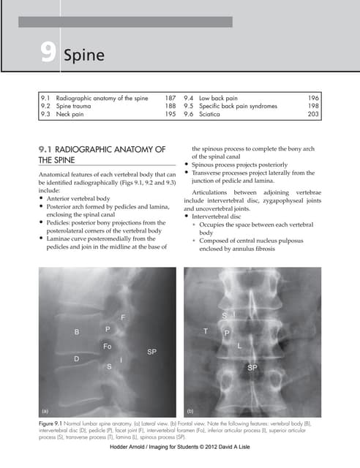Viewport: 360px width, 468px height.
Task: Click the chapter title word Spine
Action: (x=85, y=55)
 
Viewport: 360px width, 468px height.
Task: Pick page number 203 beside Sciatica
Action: (x=312, y=114)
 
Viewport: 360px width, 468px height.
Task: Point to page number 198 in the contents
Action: (x=312, y=105)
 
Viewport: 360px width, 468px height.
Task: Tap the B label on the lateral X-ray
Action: (x=76, y=333)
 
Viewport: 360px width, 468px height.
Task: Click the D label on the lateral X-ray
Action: (x=76, y=359)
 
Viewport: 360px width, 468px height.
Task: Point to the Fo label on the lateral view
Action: (x=107, y=345)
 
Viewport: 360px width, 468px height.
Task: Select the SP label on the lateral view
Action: (x=151, y=352)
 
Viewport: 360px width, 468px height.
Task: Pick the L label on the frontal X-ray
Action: (x=239, y=344)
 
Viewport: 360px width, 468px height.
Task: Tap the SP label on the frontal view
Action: (x=252, y=367)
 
